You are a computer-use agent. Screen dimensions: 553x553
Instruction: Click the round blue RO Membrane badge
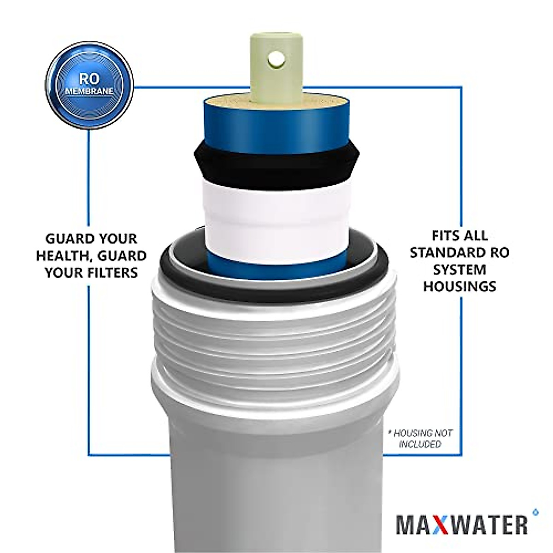[89, 86]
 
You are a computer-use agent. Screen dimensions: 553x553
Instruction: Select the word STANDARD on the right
[445, 253]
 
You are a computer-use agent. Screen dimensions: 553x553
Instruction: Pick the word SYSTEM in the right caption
[459, 269]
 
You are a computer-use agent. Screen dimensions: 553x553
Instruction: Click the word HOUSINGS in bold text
[459, 286]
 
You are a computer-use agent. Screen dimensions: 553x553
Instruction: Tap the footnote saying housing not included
[420, 438]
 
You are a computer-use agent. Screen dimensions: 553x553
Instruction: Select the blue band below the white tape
[275, 261]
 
